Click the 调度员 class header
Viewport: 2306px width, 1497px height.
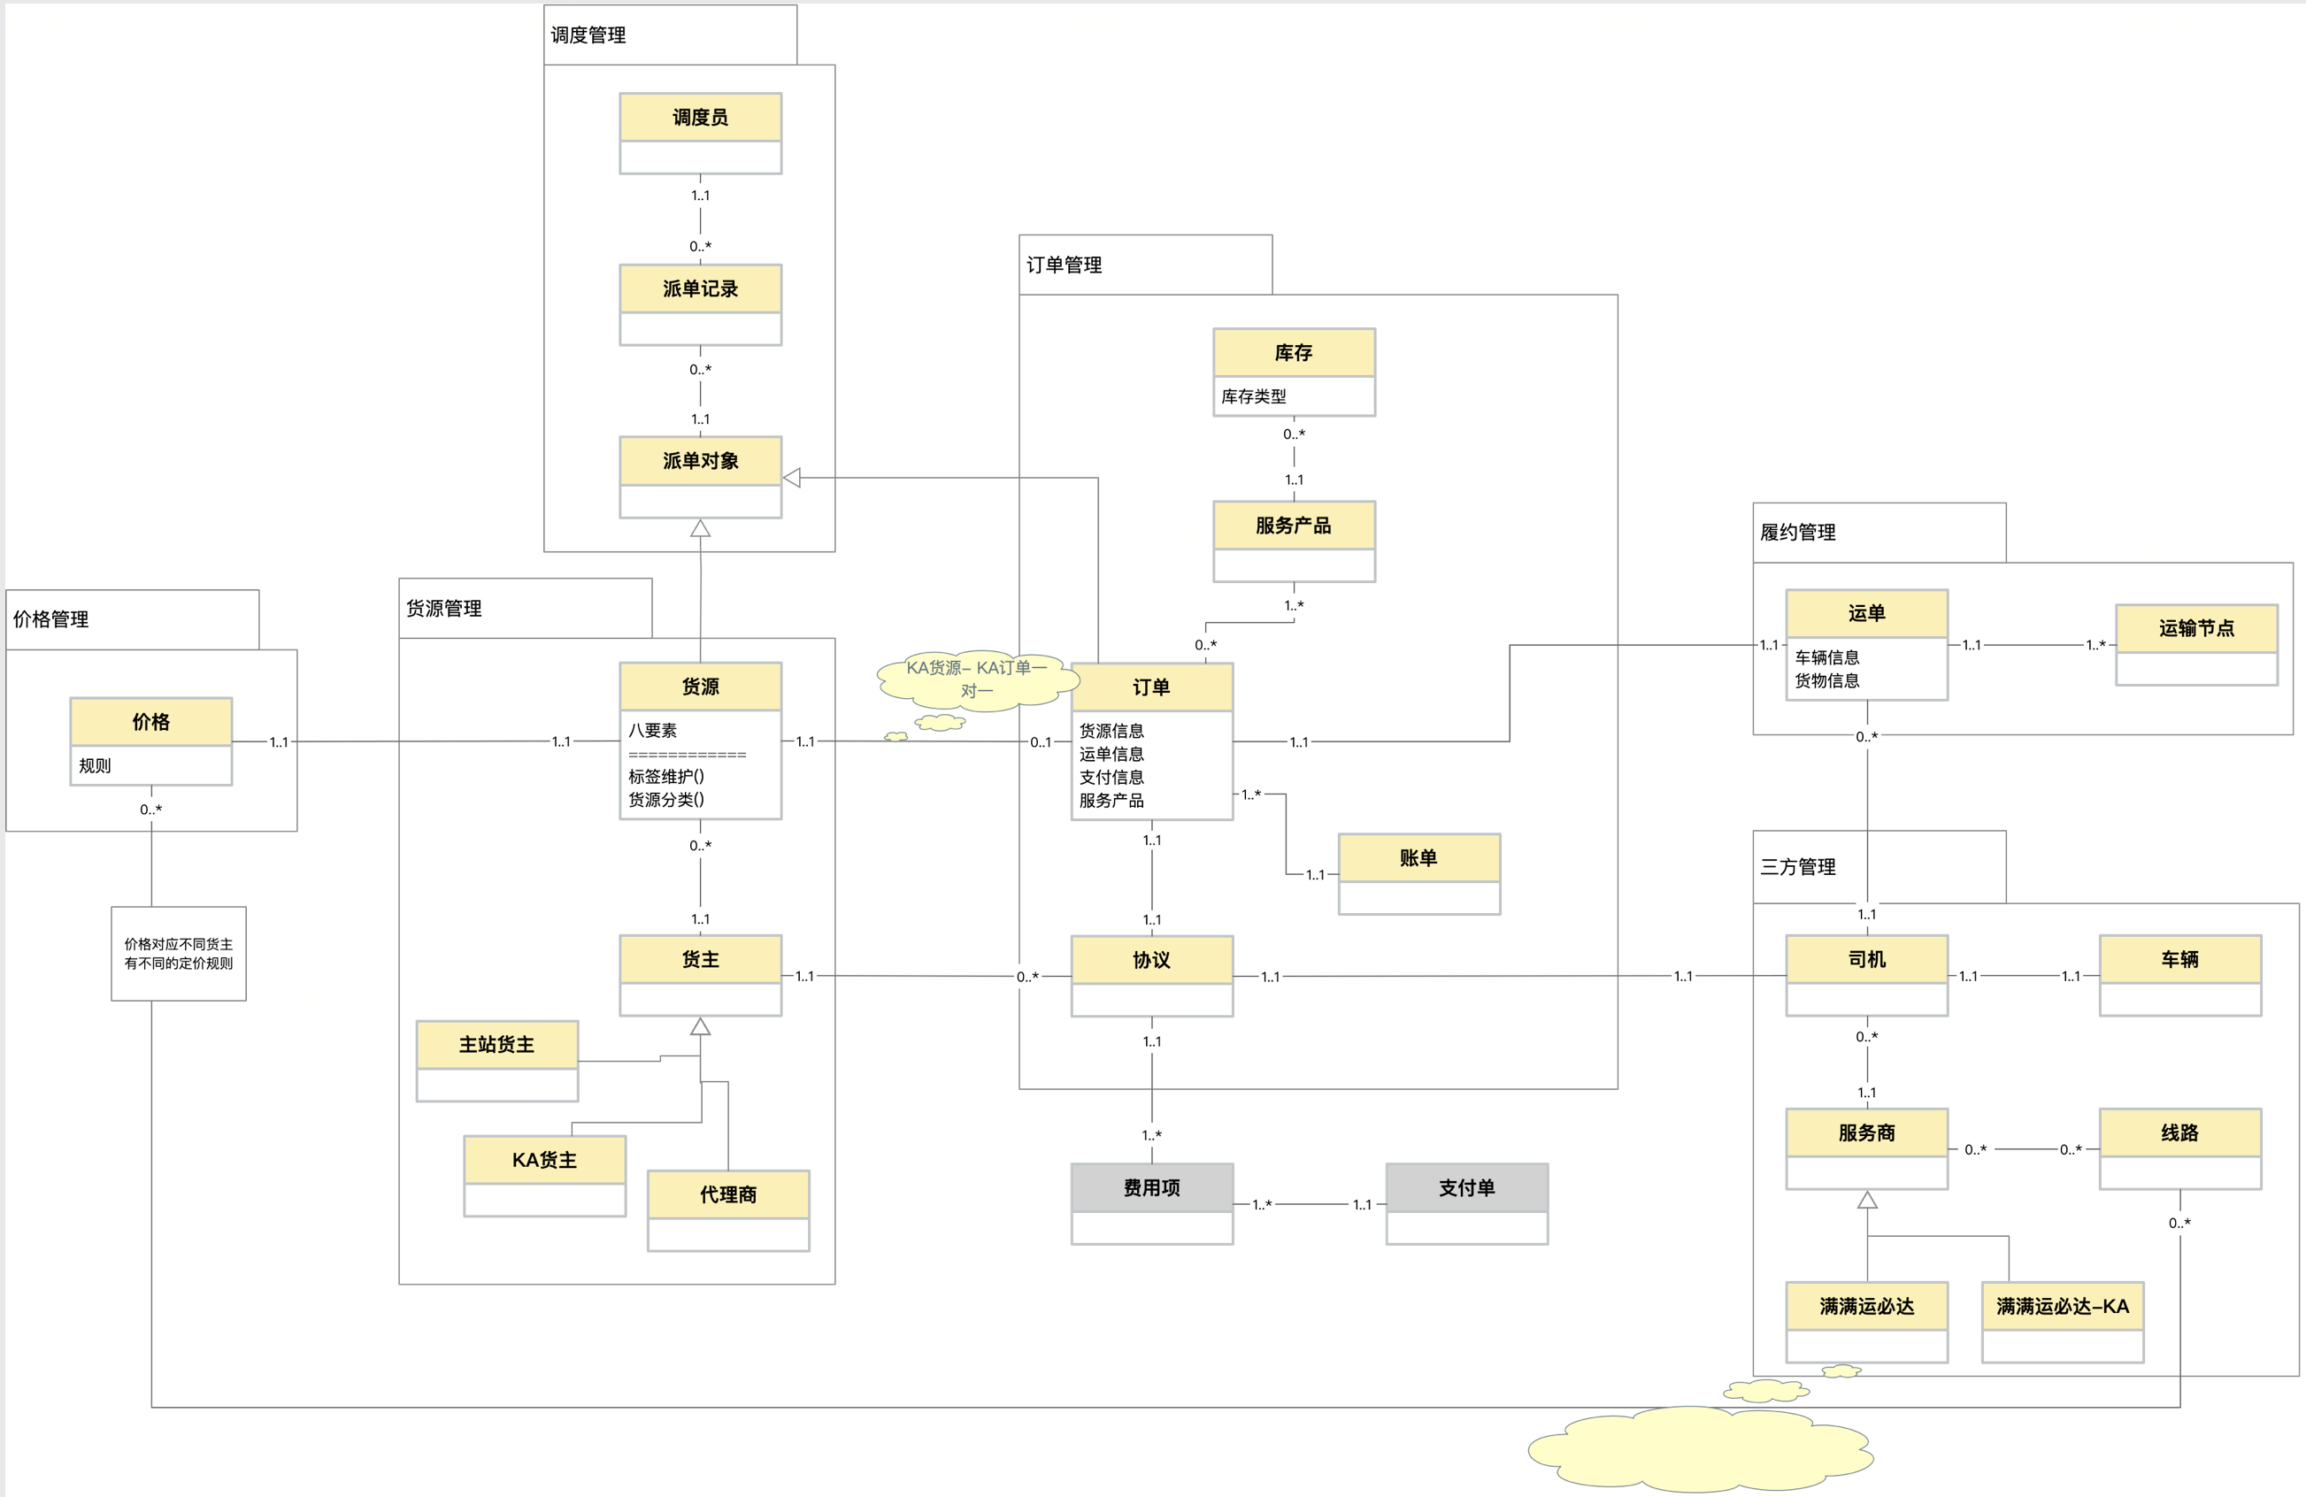[x=701, y=118]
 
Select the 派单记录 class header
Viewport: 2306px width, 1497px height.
[x=701, y=288]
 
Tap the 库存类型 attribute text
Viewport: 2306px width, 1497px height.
[x=1254, y=396]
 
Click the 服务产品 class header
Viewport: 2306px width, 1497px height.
[x=1294, y=526]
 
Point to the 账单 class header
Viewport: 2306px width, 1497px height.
[x=1418, y=857]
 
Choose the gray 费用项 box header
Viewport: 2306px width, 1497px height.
[x=1152, y=1188]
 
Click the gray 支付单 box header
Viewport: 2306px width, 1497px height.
[x=1467, y=1188]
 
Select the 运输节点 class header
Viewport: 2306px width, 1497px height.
[x=2196, y=629]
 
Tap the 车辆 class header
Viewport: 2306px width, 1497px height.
[x=2180, y=959]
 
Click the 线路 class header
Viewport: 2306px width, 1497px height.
[x=2180, y=1132]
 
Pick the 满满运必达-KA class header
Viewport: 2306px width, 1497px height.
[x=2063, y=1306]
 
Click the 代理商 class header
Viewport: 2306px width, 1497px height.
[x=728, y=1194]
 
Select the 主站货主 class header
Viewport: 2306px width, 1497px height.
[x=497, y=1045]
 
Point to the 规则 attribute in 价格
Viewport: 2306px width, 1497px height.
[x=95, y=765]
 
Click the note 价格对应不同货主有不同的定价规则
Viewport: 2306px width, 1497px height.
[x=178, y=954]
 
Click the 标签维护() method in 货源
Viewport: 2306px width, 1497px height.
[x=666, y=776]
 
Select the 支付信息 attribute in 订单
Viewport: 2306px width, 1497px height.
[x=1111, y=777]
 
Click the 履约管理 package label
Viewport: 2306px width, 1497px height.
[x=1798, y=532]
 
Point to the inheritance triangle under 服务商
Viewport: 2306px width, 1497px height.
[x=1867, y=1201]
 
